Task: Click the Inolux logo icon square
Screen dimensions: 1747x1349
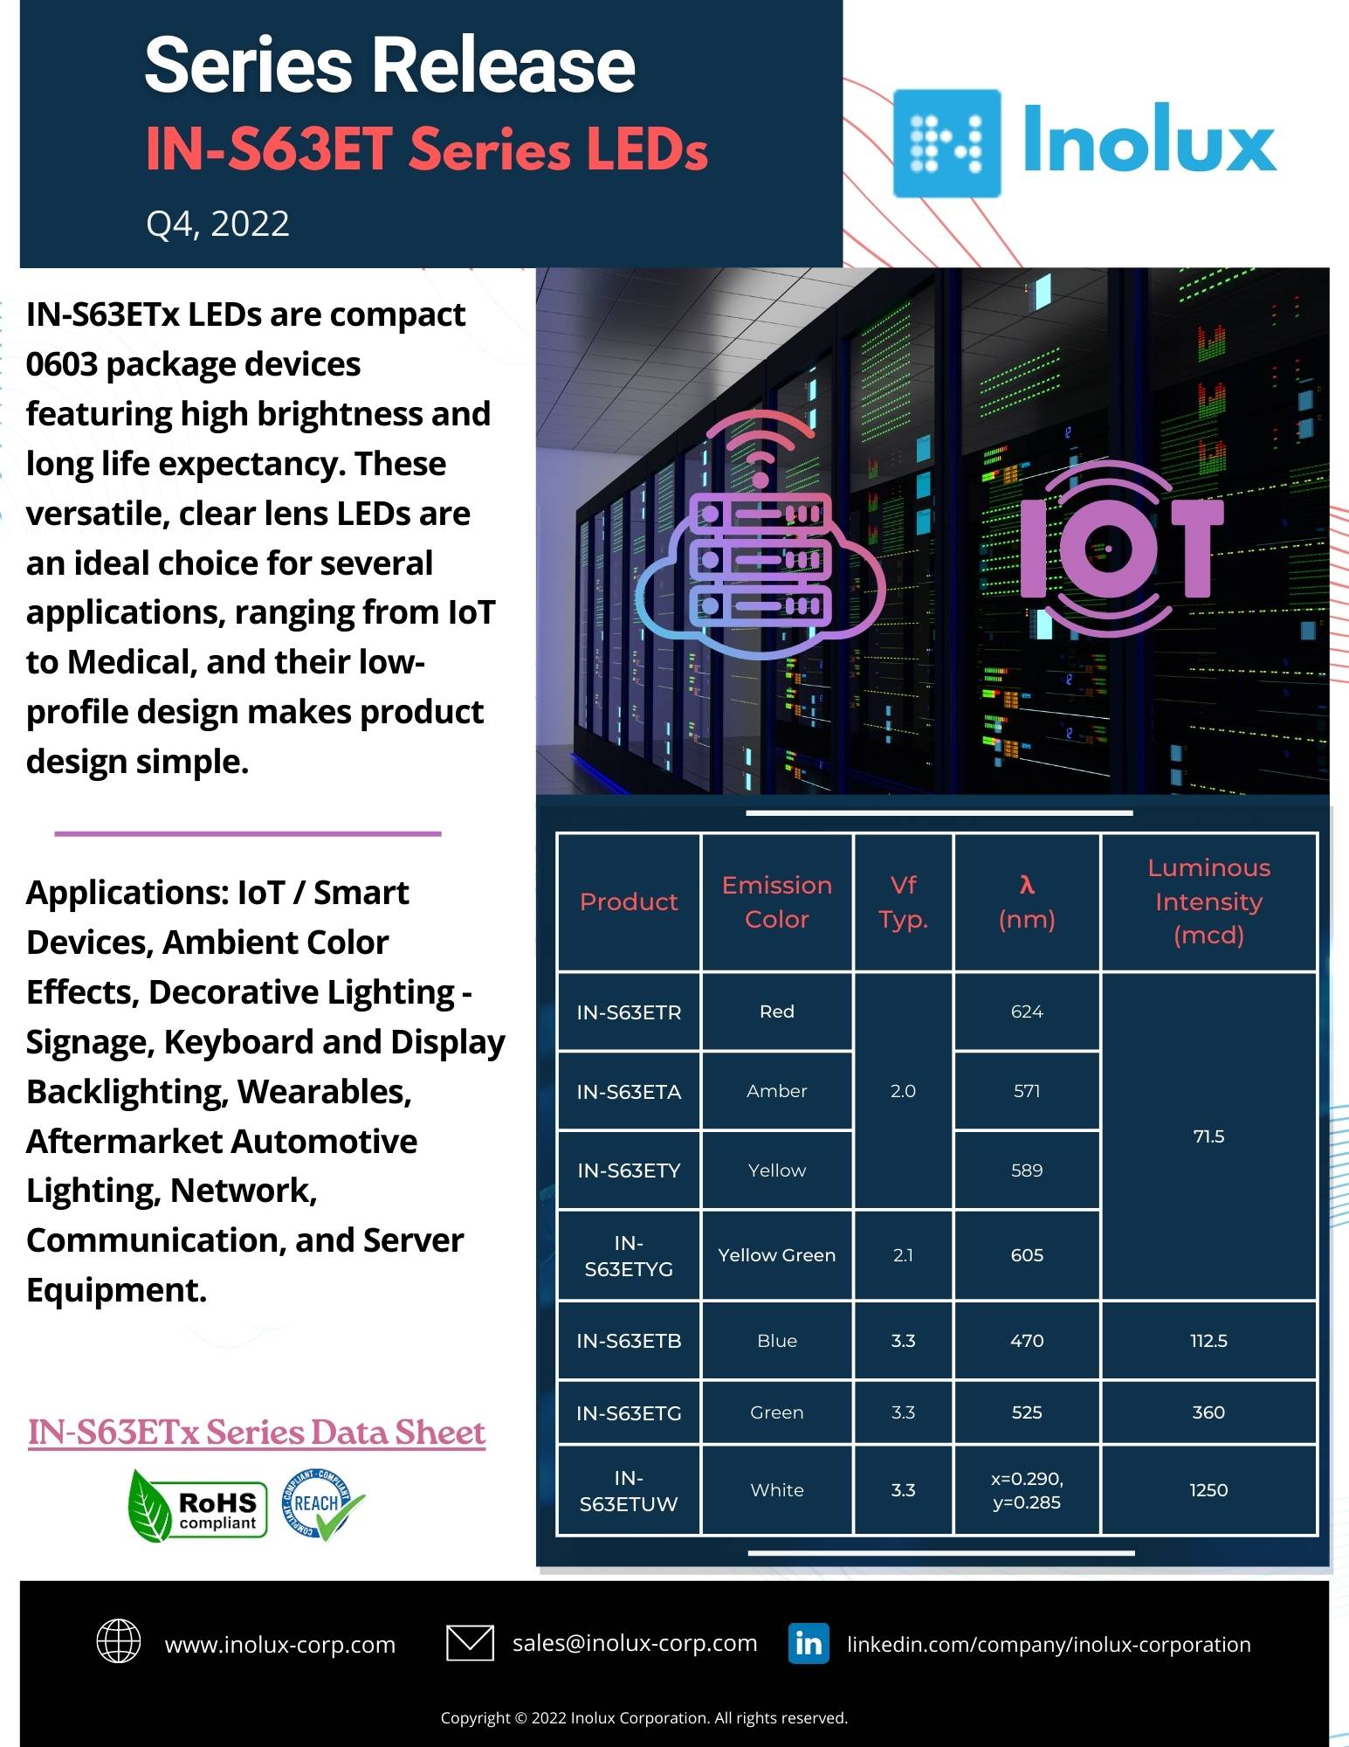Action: click(x=946, y=143)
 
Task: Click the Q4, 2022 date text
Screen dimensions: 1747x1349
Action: click(x=217, y=224)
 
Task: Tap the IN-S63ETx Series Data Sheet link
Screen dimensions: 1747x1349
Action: click(x=256, y=1433)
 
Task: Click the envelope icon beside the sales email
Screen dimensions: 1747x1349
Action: click(x=470, y=1642)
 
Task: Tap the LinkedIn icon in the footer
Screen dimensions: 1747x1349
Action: click(x=808, y=1643)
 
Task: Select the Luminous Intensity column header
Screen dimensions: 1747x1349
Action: click(x=1208, y=901)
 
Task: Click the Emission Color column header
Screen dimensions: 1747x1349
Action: click(x=776, y=901)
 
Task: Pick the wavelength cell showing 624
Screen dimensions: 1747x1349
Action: click(x=1027, y=1012)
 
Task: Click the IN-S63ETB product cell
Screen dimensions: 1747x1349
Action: click(x=629, y=1341)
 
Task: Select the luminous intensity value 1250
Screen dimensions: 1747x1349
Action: click(x=1208, y=1490)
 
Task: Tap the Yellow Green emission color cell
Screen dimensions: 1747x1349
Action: click(x=776, y=1255)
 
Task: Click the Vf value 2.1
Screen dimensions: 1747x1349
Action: click(x=903, y=1255)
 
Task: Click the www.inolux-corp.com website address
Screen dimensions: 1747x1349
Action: click(x=280, y=1645)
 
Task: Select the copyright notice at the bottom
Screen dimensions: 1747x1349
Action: click(x=644, y=1718)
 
